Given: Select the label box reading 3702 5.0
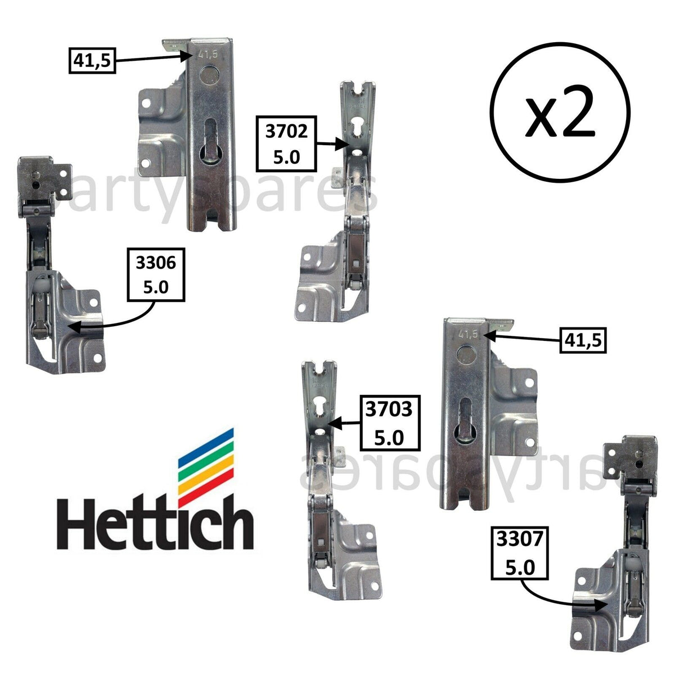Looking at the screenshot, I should click(x=286, y=143).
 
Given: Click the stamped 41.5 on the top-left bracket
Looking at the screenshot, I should click(x=208, y=55).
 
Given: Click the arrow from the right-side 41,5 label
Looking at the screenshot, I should click(x=523, y=338).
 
